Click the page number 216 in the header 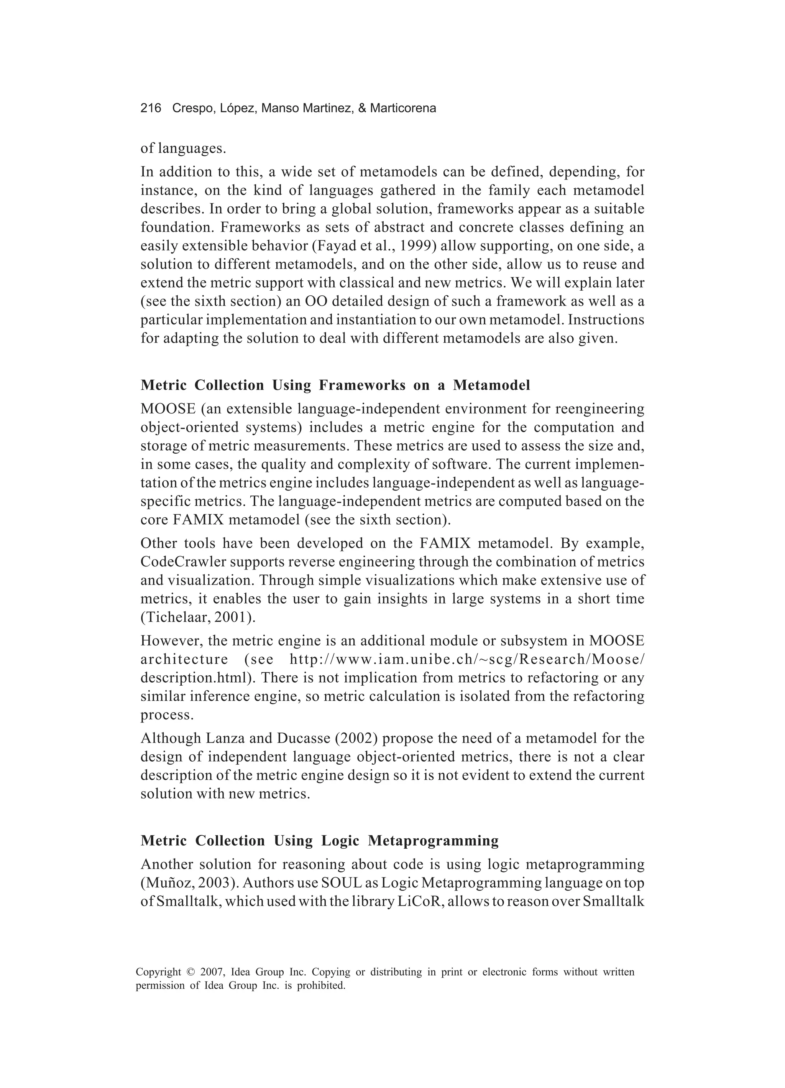pos(151,109)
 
